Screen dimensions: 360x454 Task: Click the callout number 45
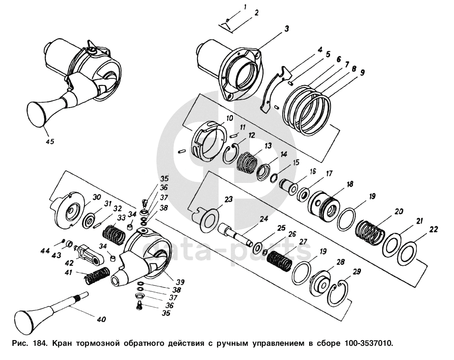coord(50,142)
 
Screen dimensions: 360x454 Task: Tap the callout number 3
coord(287,29)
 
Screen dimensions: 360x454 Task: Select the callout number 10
coord(229,118)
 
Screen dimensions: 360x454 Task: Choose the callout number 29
coord(357,271)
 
